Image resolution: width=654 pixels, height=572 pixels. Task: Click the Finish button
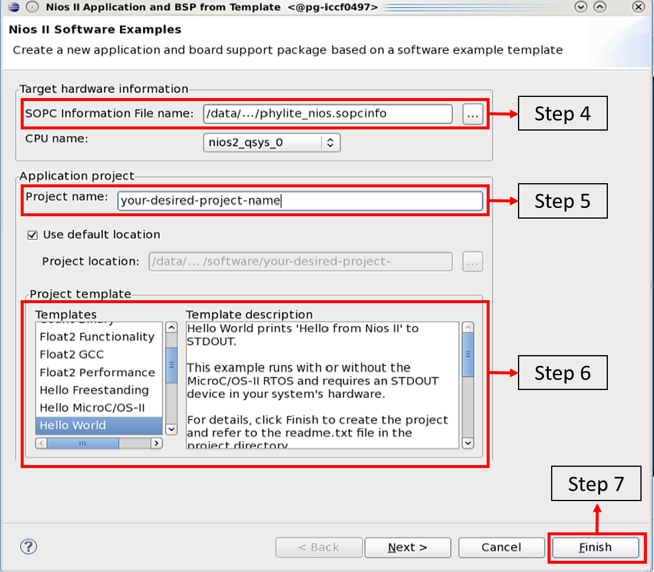coord(595,547)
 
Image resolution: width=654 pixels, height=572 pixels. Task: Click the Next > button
coord(407,547)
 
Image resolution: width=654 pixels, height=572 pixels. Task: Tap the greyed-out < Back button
coord(319,547)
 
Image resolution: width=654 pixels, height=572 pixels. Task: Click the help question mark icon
coord(29,547)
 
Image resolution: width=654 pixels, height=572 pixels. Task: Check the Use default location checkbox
coord(33,235)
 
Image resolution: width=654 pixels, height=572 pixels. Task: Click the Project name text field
coord(300,201)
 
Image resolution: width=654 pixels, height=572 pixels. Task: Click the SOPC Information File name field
coord(328,114)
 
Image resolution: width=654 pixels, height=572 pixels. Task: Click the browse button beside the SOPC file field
coord(472,114)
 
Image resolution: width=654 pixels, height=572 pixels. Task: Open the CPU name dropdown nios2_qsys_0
coord(271,142)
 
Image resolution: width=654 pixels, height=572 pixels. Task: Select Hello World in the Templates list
coord(73,425)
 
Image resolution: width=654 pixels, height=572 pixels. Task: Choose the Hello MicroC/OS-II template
coord(92,408)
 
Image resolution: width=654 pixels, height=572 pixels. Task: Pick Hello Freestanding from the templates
coord(94,390)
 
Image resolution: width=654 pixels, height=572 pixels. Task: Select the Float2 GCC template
coord(72,355)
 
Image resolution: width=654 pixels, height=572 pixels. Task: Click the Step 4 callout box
coord(563,113)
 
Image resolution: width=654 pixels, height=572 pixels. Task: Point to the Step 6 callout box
coord(563,373)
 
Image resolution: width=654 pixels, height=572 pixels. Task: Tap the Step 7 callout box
coord(596,483)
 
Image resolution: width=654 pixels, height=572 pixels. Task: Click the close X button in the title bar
coord(638,6)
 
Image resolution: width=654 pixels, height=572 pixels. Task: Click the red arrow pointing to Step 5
coord(503,201)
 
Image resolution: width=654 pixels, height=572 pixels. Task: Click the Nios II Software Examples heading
coord(95,30)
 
